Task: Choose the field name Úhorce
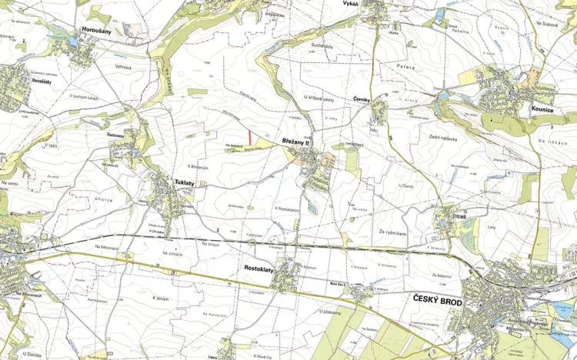[103, 200]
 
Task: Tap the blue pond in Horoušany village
[72, 43]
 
